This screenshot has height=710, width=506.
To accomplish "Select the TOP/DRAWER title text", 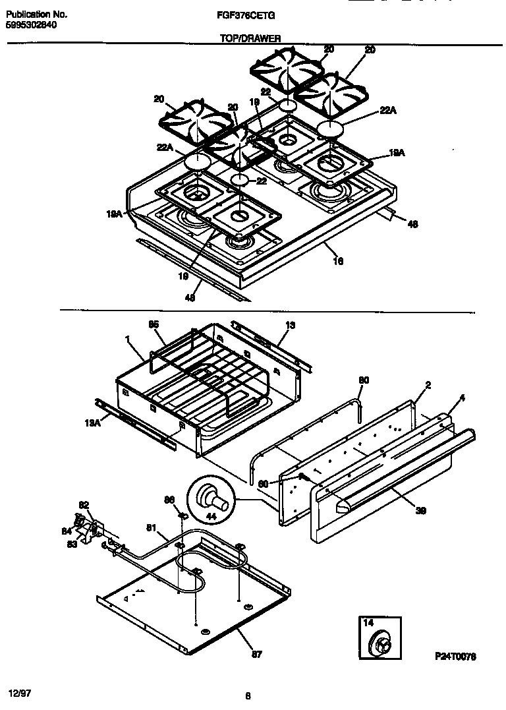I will click(x=250, y=38).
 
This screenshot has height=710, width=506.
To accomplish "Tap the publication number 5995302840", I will click(x=31, y=24).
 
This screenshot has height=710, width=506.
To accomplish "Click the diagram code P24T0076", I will click(x=455, y=657).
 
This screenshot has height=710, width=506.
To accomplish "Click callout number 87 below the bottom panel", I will click(x=256, y=654).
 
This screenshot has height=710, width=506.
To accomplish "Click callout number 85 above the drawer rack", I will click(x=154, y=324).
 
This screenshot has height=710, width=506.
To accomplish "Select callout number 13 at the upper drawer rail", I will click(x=291, y=325).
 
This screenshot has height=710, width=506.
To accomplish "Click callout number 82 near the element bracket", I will click(x=84, y=505).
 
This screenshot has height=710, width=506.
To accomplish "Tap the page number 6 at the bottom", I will click(x=246, y=694).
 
